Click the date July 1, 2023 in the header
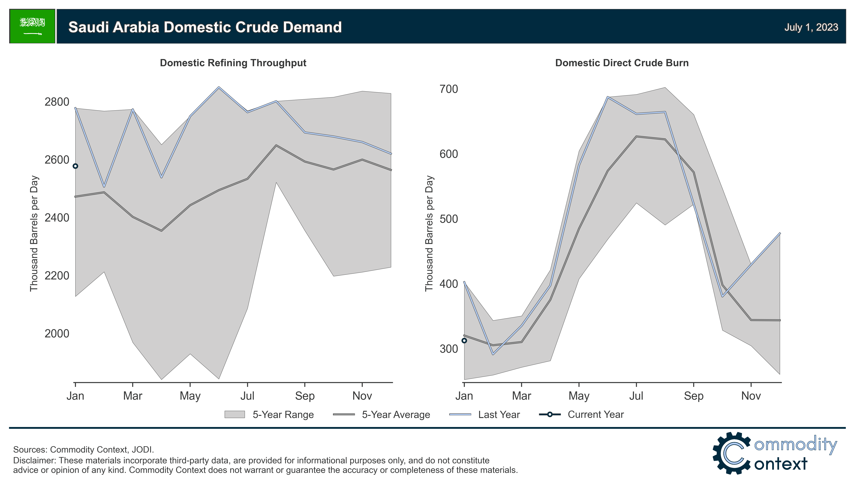(811, 27)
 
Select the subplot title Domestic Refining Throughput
(233, 63)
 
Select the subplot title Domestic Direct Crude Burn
(622, 63)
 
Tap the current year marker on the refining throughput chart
(75, 166)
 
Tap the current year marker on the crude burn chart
(464, 340)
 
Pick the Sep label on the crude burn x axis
(693, 396)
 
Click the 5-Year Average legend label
(396, 415)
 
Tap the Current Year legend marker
(549, 415)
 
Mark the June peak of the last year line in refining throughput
(219, 87)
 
